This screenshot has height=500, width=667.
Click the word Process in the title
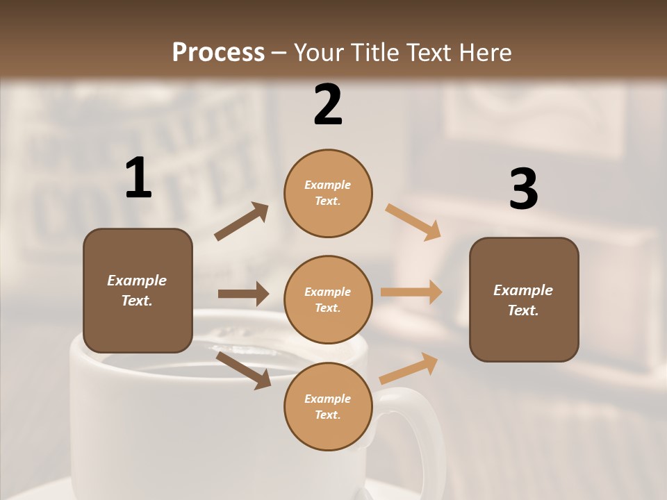(218, 53)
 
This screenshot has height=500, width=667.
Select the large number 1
(138, 178)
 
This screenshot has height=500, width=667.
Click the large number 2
(328, 105)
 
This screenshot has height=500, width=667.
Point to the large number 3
(523, 189)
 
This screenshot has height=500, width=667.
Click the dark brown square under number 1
(138, 290)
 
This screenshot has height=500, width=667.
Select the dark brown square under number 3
(524, 299)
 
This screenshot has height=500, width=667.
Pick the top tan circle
(328, 193)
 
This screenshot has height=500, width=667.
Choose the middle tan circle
(328, 299)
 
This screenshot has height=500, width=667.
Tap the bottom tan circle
(328, 406)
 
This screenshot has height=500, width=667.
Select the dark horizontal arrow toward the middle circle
(243, 294)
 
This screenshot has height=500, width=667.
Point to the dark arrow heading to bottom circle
(244, 369)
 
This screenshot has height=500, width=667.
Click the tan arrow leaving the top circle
(413, 222)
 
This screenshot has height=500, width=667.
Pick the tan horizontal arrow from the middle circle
(411, 292)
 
